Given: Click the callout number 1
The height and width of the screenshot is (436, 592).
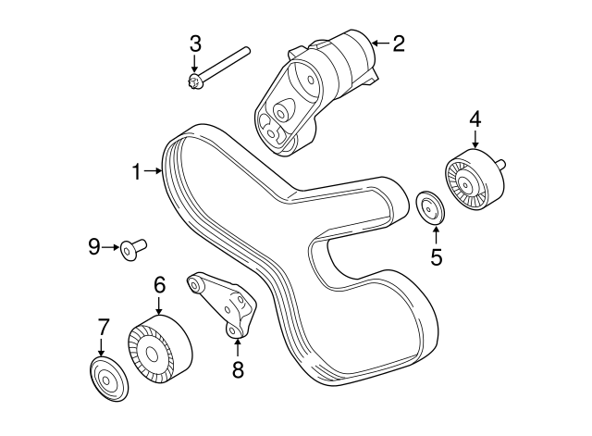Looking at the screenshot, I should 136,171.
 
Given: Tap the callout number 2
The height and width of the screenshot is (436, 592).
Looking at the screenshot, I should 399,43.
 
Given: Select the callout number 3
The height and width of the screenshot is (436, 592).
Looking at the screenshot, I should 195,43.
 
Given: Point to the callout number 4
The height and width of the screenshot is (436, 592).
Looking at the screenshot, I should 475,118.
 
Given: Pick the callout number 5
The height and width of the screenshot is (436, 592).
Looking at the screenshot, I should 436,257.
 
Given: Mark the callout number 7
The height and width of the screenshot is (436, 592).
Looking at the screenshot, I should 104,325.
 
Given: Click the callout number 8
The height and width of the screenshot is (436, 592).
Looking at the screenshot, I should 237,370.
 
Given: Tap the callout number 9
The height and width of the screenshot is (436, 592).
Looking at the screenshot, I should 93,246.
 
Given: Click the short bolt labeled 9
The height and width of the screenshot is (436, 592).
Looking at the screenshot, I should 134,247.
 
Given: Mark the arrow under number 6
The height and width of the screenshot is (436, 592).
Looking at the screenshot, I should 159,305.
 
